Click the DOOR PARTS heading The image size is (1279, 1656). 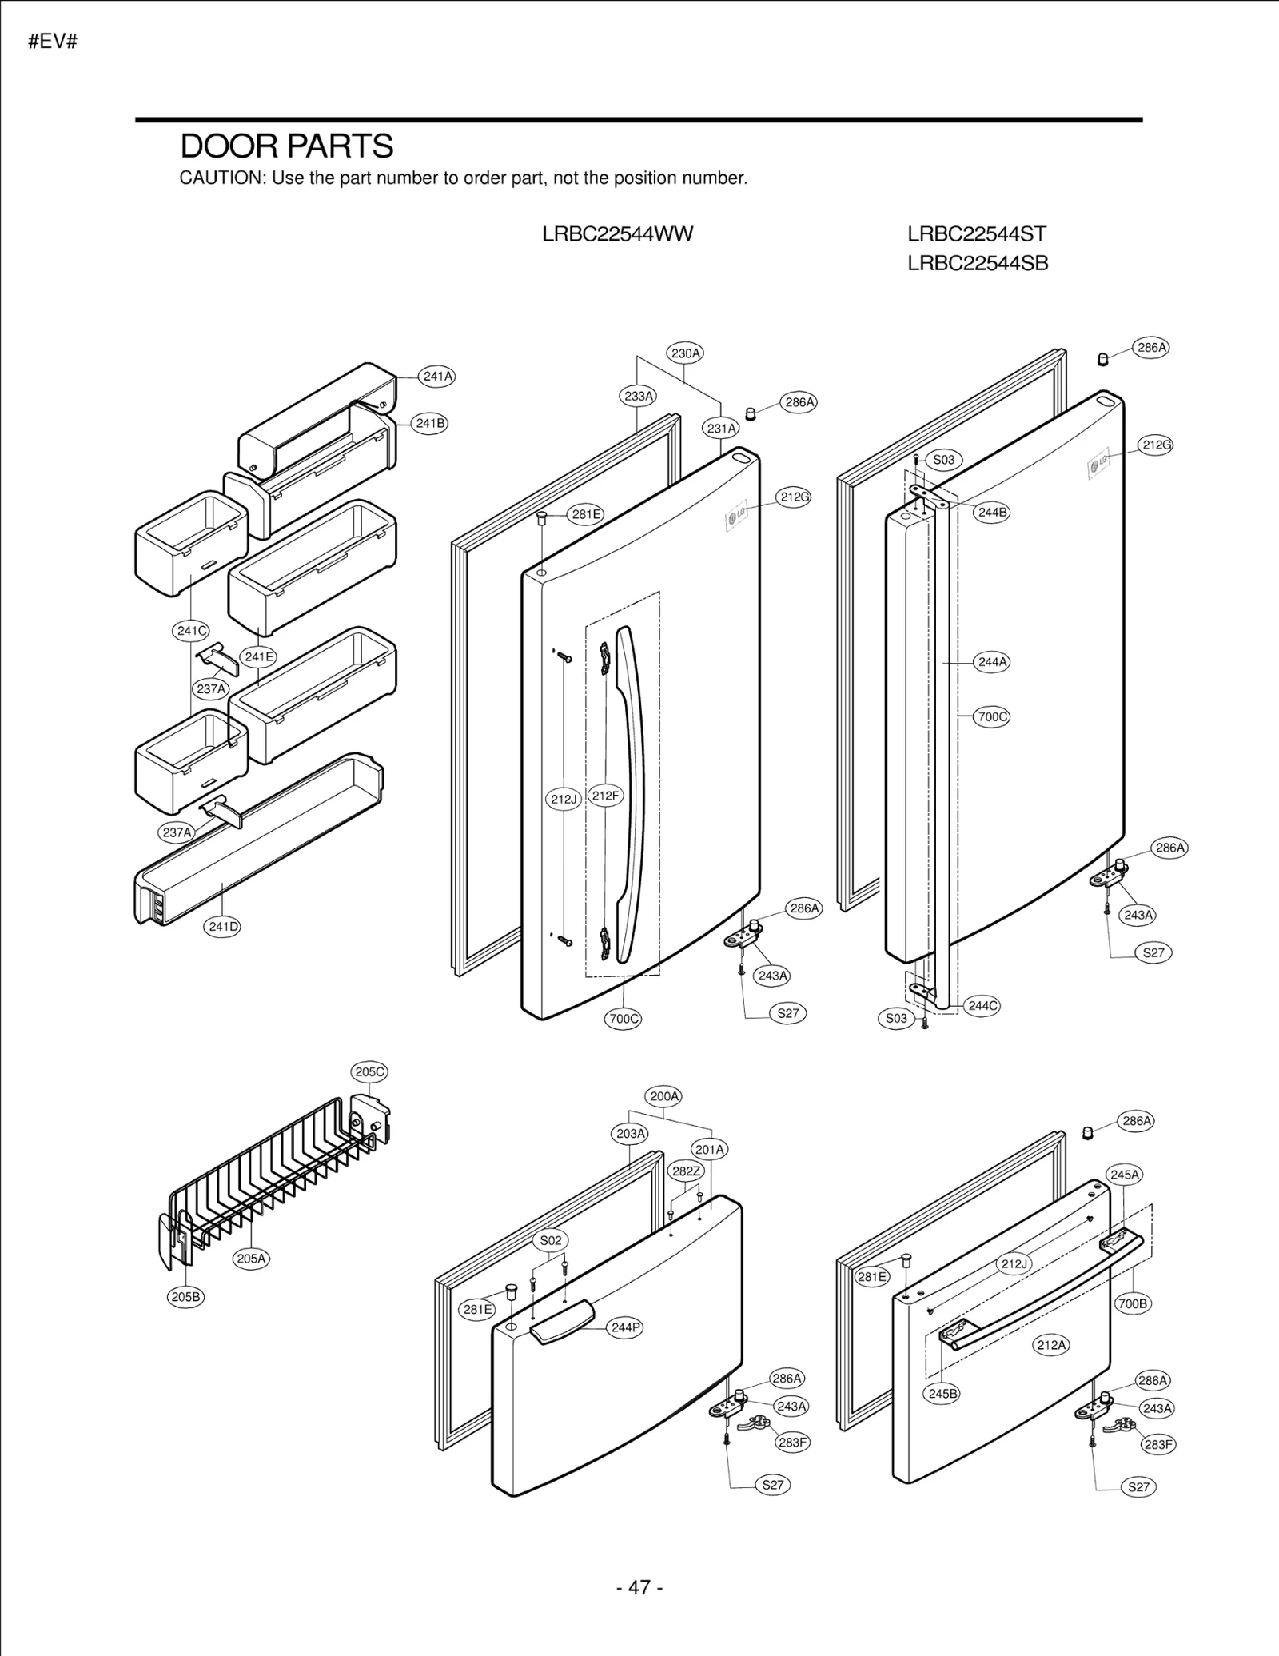click(x=286, y=146)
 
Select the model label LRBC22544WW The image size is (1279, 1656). click(x=617, y=234)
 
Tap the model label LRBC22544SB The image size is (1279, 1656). click(x=977, y=263)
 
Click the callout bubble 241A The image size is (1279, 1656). click(x=437, y=376)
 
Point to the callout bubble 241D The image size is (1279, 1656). click(x=223, y=927)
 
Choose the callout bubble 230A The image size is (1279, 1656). click(x=685, y=353)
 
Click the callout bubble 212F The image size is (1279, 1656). click(x=605, y=796)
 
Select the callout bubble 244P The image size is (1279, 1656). click(x=625, y=1327)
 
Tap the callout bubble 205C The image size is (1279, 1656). click(x=369, y=1071)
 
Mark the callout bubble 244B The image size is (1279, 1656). click(x=992, y=512)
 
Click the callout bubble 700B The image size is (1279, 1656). click(x=1133, y=1303)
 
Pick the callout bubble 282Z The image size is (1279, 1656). click(x=686, y=1171)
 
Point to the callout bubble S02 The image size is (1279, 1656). click(x=551, y=1240)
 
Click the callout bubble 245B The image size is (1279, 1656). click(x=942, y=1393)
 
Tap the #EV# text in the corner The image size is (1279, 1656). click(x=52, y=42)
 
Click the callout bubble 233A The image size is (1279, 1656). click(x=638, y=396)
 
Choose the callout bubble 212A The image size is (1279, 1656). click(x=1051, y=1345)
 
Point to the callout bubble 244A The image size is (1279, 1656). click(x=992, y=662)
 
